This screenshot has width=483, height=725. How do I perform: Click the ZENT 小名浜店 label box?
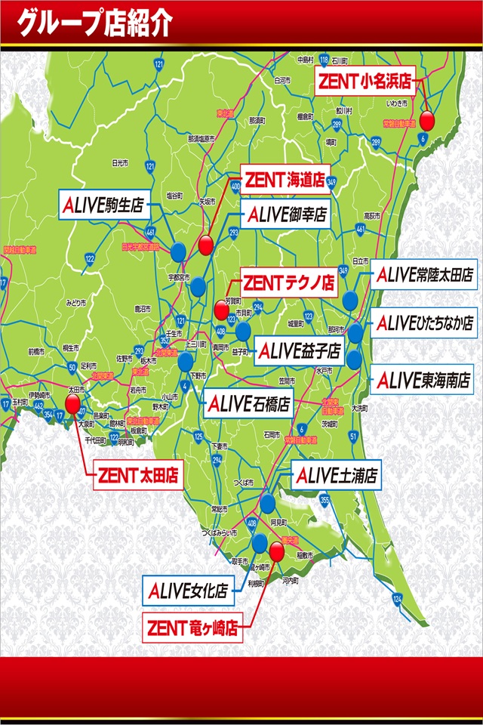click(x=365, y=81)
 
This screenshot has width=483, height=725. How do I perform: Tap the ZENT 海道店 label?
click(x=284, y=180)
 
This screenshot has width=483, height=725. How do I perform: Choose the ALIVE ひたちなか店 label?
click(x=425, y=322)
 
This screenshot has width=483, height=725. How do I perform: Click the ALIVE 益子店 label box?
click(x=299, y=351)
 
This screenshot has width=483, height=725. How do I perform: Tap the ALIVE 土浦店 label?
click(x=337, y=476)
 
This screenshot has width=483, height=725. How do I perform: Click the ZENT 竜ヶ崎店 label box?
click(x=192, y=627)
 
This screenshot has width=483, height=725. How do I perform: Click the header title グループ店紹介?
click(x=94, y=23)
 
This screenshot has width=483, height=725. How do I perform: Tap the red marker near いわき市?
click(x=428, y=120)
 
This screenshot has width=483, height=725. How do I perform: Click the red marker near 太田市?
click(x=73, y=404)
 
